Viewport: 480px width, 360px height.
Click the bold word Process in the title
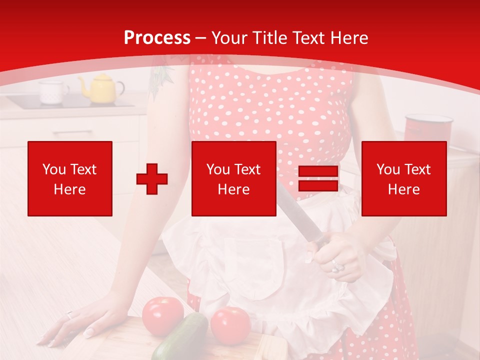click(x=157, y=38)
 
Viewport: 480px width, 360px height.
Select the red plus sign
click(x=152, y=178)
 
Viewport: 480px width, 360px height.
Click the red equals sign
click(x=318, y=178)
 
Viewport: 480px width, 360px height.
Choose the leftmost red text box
click(x=70, y=178)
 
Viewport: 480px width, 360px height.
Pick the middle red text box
click(x=233, y=178)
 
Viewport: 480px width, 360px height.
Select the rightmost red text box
click(x=404, y=178)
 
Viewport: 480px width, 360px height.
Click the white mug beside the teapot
click(x=53, y=92)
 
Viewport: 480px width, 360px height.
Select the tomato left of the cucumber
click(x=162, y=315)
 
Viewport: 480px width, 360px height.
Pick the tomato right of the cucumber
click(x=230, y=325)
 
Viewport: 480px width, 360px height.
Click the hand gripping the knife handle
click(x=340, y=255)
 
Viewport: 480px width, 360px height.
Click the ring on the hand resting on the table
click(x=69, y=315)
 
